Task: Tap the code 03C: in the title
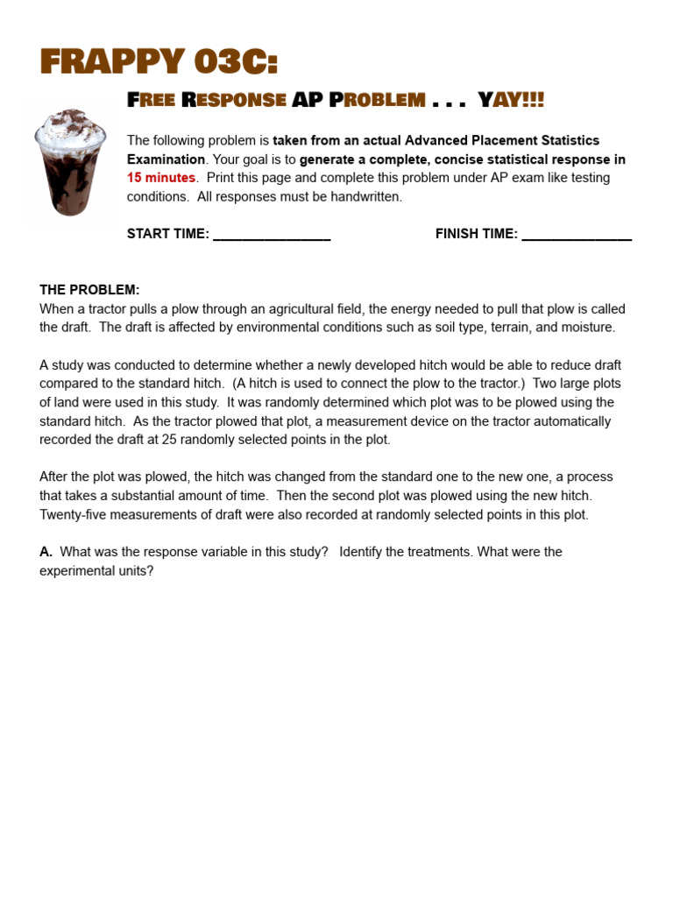tap(232, 62)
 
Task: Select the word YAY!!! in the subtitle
tap(511, 100)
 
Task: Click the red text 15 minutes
tap(161, 178)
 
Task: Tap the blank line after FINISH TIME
tap(577, 235)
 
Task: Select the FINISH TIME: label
tap(477, 234)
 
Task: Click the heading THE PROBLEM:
tap(89, 290)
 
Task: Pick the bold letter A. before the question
tap(46, 552)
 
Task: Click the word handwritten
tap(368, 197)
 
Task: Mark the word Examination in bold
tap(166, 159)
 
